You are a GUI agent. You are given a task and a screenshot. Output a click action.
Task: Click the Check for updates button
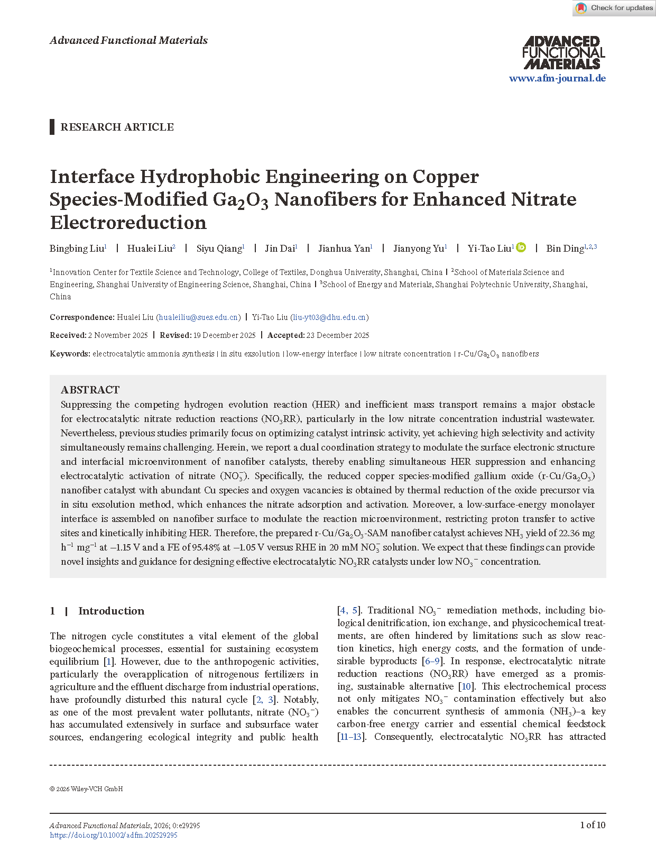tap(614, 8)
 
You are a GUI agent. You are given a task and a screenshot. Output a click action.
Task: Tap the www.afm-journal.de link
tap(557, 78)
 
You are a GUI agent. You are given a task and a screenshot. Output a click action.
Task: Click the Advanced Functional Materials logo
tap(563, 52)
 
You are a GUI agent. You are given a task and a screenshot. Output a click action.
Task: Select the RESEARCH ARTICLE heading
tap(117, 127)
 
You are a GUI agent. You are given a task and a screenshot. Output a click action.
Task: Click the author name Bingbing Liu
tap(77, 249)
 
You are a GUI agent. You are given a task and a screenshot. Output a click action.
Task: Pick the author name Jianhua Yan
tap(344, 249)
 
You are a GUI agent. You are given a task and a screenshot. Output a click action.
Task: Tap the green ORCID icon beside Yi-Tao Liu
tap(521, 247)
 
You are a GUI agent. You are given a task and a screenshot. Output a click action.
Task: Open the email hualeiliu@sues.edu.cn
tap(198, 317)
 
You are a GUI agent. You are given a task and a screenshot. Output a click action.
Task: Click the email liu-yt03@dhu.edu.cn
tap(329, 317)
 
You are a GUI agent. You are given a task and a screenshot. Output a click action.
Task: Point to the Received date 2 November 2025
tap(117, 335)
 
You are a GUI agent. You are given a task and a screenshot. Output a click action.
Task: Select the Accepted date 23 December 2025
tap(337, 335)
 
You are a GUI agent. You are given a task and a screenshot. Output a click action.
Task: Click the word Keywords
tap(69, 354)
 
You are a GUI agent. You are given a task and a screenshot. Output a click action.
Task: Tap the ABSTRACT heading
tap(90, 390)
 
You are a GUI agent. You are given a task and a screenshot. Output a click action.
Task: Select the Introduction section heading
tap(111, 611)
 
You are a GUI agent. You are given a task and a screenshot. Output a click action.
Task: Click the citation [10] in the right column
tap(466, 686)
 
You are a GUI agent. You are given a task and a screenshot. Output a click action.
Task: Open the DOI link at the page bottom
tap(114, 836)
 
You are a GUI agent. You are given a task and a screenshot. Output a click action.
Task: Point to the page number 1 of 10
tap(593, 825)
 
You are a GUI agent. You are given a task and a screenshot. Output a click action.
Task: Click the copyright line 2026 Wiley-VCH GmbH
tap(86, 789)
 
